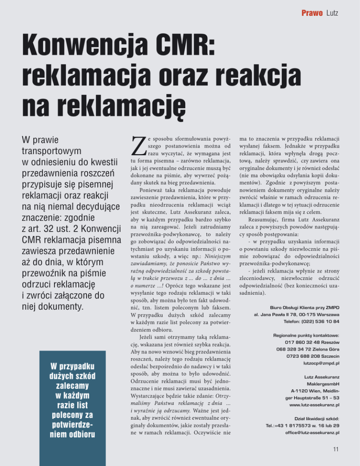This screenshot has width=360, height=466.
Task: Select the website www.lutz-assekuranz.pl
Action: tap(315, 404)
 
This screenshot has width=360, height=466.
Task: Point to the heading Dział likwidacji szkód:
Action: tap(314, 418)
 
